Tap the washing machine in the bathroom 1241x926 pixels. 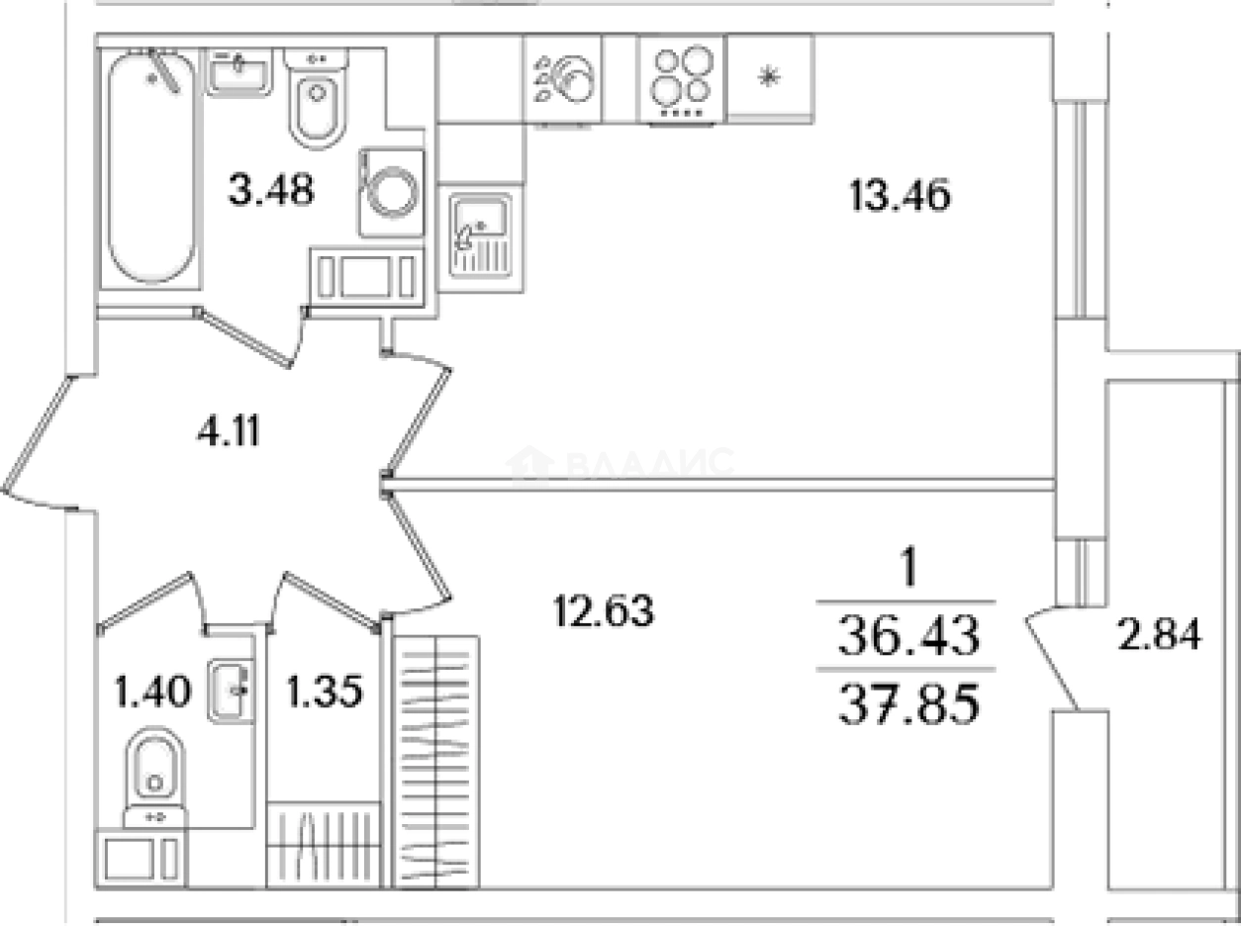(x=391, y=193)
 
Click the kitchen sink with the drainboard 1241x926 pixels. (x=481, y=235)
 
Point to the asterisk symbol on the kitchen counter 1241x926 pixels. (x=769, y=76)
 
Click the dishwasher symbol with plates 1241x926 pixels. (x=562, y=80)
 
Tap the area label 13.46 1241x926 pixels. (x=901, y=196)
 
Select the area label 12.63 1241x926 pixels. (x=604, y=610)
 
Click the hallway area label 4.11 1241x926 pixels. (x=229, y=430)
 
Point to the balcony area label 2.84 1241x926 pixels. (x=1159, y=634)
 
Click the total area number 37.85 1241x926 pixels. (x=908, y=704)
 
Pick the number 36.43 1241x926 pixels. (x=908, y=634)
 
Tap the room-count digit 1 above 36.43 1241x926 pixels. (x=908, y=566)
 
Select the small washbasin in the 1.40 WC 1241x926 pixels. (x=231, y=691)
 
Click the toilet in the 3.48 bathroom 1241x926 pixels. (x=317, y=99)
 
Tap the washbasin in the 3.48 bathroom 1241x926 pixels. (x=239, y=72)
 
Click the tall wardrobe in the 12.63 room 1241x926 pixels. (x=435, y=762)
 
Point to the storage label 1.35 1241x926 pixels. (x=325, y=692)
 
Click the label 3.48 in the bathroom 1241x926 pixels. (x=271, y=189)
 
